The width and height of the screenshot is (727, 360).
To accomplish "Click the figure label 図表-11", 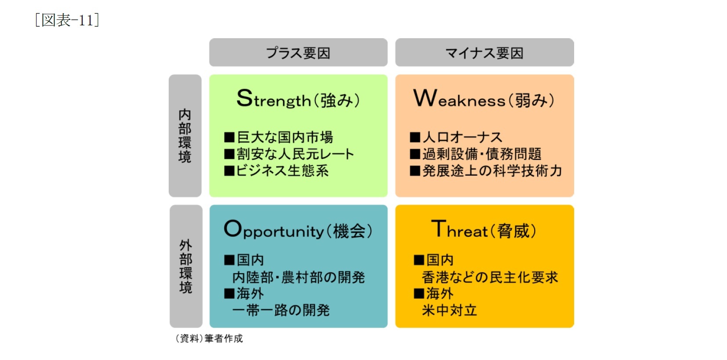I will pos(67,20).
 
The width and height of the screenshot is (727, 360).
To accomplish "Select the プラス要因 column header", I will pos(298,53).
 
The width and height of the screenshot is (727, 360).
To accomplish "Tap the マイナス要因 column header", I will pos(484,53).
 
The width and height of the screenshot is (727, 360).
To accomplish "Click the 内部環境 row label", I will pos(185,136).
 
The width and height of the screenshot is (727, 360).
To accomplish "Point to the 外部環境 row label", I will pos(186,266).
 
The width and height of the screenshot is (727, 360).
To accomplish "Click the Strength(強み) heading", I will pos(298,99).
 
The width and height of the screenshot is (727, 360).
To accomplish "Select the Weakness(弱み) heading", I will pos(484,99).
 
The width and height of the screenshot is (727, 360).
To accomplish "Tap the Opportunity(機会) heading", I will pos(298,230).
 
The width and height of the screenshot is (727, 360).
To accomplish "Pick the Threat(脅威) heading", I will pos(484,230).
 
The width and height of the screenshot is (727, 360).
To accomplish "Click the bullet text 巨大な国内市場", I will pos(284,137).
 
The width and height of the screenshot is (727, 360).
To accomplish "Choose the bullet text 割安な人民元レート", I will pos(295,154).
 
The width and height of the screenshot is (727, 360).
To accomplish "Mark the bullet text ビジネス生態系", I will pos(282,171).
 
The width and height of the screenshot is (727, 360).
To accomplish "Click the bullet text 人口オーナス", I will pos(462,137).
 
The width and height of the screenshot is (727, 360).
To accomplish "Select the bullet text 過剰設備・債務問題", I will pos(481,154).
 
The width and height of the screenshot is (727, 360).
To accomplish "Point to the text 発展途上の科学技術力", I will pos(492,171).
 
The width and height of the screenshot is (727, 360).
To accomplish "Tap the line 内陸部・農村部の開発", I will pos(299,277).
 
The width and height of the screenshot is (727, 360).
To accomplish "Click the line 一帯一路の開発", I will pos(281,310).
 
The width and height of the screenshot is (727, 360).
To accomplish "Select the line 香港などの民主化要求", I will pos(490,277).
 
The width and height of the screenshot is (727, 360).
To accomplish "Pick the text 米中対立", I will pos(449,310).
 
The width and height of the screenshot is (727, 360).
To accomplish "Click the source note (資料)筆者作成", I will pos(209,338).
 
